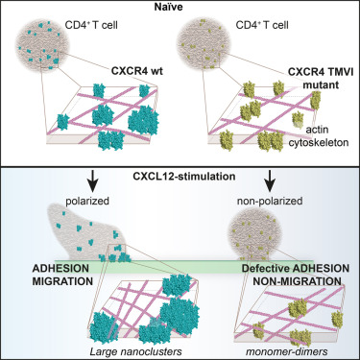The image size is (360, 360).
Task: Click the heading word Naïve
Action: [x=170, y=7]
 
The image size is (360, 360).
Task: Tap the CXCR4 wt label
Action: [x=137, y=70]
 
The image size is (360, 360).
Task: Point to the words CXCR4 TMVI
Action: [x=321, y=72]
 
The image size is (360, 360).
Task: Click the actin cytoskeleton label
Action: [x=319, y=136]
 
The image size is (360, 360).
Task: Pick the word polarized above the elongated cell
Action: [x=87, y=201]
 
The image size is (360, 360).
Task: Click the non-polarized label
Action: [x=270, y=201]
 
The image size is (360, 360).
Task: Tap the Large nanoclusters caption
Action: [x=135, y=351]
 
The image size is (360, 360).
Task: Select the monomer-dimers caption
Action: [x=286, y=351]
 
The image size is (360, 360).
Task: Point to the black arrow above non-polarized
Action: [x=271, y=180]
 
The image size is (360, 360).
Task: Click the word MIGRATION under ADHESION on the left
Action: [x=62, y=281]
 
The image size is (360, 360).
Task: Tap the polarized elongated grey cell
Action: [x=86, y=233]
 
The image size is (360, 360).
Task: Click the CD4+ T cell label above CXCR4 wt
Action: [x=91, y=25]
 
